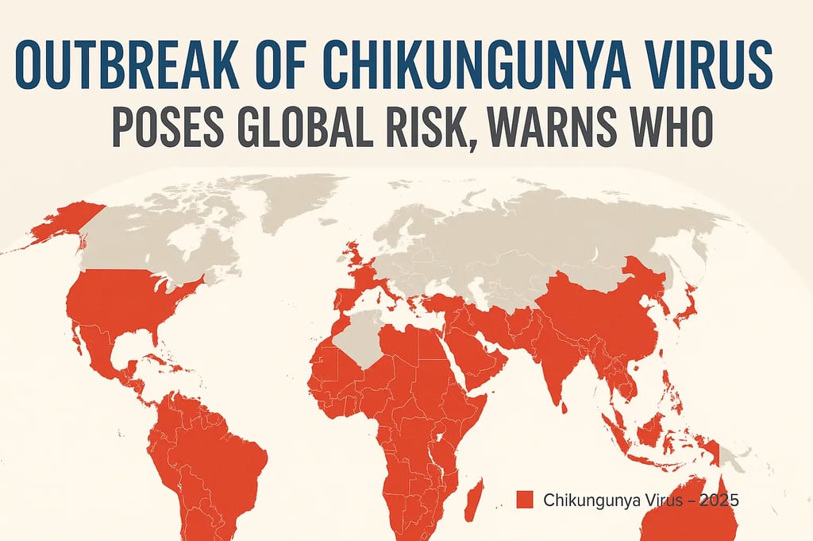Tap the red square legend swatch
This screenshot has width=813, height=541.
(523, 500)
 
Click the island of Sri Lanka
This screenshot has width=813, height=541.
(564, 408)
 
